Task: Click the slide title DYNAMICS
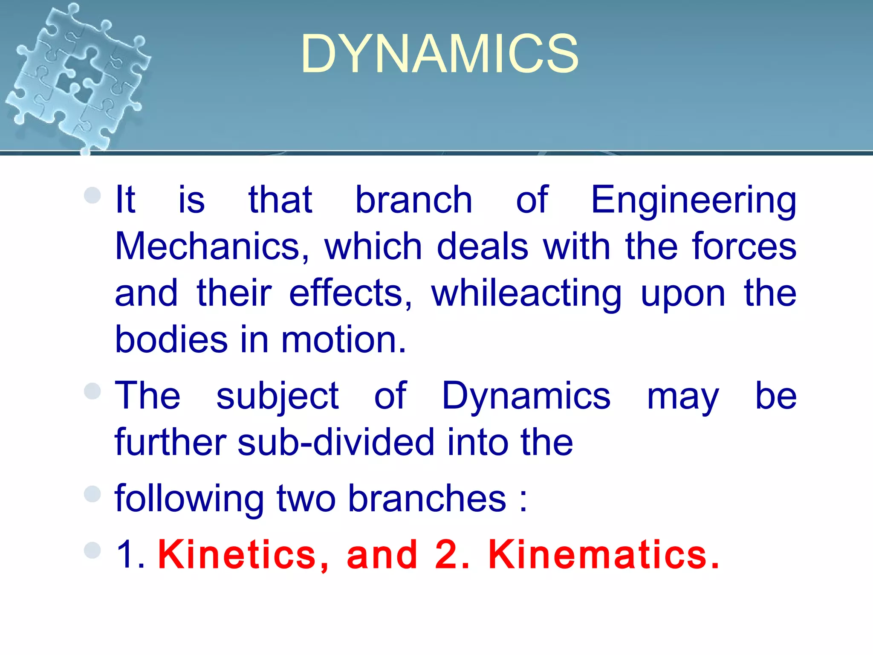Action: point(439,54)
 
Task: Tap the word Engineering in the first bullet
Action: point(694,200)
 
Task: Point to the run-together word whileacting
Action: point(526,294)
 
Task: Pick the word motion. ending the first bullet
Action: point(344,340)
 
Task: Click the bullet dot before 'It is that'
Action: point(93,196)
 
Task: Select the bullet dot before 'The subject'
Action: point(93,391)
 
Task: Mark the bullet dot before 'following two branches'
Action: point(93,494)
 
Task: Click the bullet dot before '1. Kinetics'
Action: point(93,550)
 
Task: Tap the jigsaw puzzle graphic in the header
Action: point(77,75)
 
